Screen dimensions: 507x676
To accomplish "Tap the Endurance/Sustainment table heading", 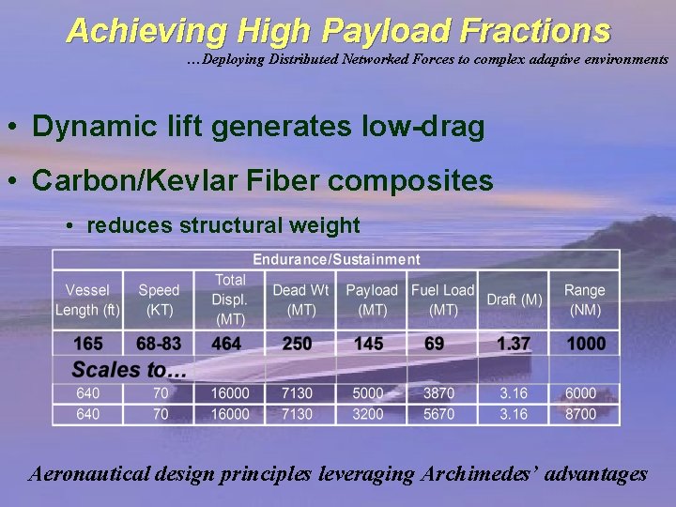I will tap(336, 259).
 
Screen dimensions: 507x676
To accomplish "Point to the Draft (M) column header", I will tap(515, 300).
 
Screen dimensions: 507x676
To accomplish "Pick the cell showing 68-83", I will tap(159, 344).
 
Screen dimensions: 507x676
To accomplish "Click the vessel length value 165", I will tap(87, 344).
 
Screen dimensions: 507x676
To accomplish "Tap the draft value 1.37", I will tap(515, 344).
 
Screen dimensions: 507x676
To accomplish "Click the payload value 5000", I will tap(369, 393).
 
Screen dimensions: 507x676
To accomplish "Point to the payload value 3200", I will tap(369, 413).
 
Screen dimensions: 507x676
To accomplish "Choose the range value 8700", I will tap(579, 413).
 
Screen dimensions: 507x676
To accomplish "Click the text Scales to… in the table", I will tap(130, 369).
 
